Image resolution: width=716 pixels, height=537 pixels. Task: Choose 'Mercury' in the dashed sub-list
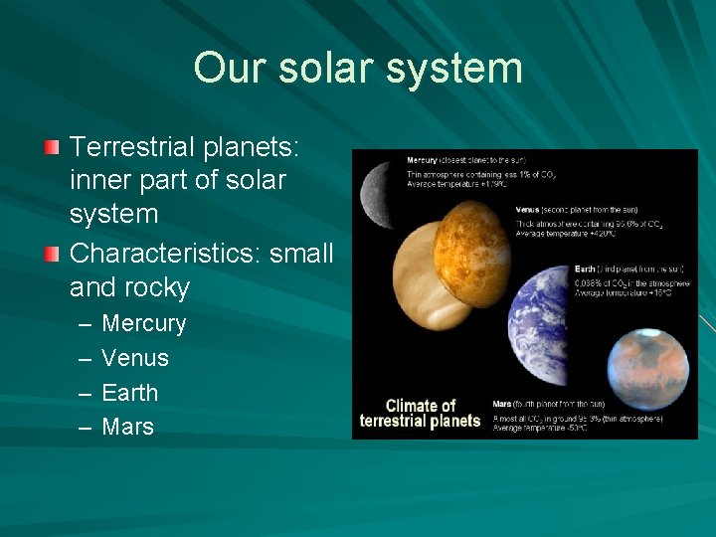pyautogui.click(x=144, y=323)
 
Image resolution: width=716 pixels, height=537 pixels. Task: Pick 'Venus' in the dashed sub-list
pyautogui.click(x=135, y=358)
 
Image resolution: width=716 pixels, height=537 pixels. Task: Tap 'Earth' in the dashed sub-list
pyautogui.click(x=130, y=393)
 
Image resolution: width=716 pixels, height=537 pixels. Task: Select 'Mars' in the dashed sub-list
pyautogui.click(x=128, y=427)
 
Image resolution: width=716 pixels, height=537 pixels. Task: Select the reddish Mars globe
pyautogui.click(x=646, y=373)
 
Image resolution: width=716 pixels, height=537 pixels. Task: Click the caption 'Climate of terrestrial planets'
pyautogui.click(x=420, y=413)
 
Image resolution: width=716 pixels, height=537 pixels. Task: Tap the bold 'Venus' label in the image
pyautogui.click(x=528, y=210)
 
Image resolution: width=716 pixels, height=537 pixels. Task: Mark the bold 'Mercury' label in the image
pyautogui.click(x=424, y=160)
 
